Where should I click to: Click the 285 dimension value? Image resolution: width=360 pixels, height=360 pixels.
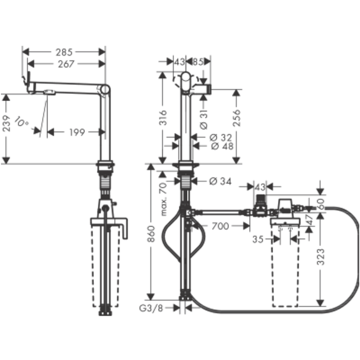click(64, 52)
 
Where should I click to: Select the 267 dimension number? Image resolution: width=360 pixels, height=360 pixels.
click(66, 64)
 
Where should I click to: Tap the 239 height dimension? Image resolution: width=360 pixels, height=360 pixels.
click(6, 123)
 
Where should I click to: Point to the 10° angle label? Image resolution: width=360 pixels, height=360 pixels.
click(21, 122)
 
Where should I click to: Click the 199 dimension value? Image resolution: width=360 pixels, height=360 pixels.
click(77, 132)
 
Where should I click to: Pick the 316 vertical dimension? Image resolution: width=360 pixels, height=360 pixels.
click(163, 117)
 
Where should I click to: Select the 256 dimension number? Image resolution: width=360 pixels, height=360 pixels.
click(237, 118)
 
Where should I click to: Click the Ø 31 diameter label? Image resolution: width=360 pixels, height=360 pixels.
click(204, 119)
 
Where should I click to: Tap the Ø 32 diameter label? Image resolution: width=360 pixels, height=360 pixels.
click(221, 138)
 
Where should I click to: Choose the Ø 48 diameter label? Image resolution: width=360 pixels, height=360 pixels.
click(222, 146)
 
